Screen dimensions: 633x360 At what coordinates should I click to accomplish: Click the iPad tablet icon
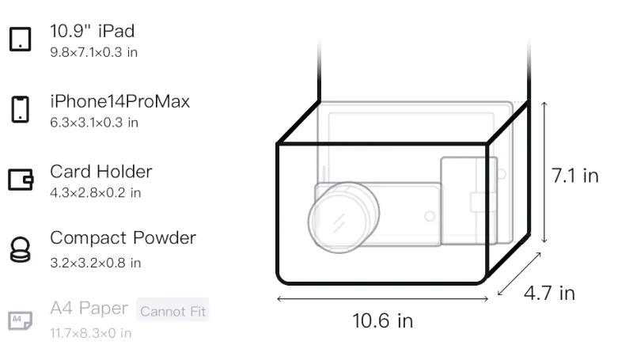point(21,39)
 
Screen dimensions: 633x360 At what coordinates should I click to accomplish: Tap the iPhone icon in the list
point(21,109)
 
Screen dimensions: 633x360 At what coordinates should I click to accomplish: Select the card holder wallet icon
point(21,179)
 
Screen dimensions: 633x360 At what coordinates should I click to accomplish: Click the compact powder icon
point(21,250)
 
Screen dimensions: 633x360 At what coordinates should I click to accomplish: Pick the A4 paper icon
point(21,320)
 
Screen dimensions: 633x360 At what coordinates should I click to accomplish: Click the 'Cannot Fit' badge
point(172,311)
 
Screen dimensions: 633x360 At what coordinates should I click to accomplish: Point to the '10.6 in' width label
point(383,321)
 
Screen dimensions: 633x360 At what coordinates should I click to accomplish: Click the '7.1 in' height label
point(575,176)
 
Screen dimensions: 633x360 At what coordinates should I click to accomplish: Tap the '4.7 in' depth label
point(549,293)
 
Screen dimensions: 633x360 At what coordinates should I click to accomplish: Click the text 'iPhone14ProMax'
point(120,101)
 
